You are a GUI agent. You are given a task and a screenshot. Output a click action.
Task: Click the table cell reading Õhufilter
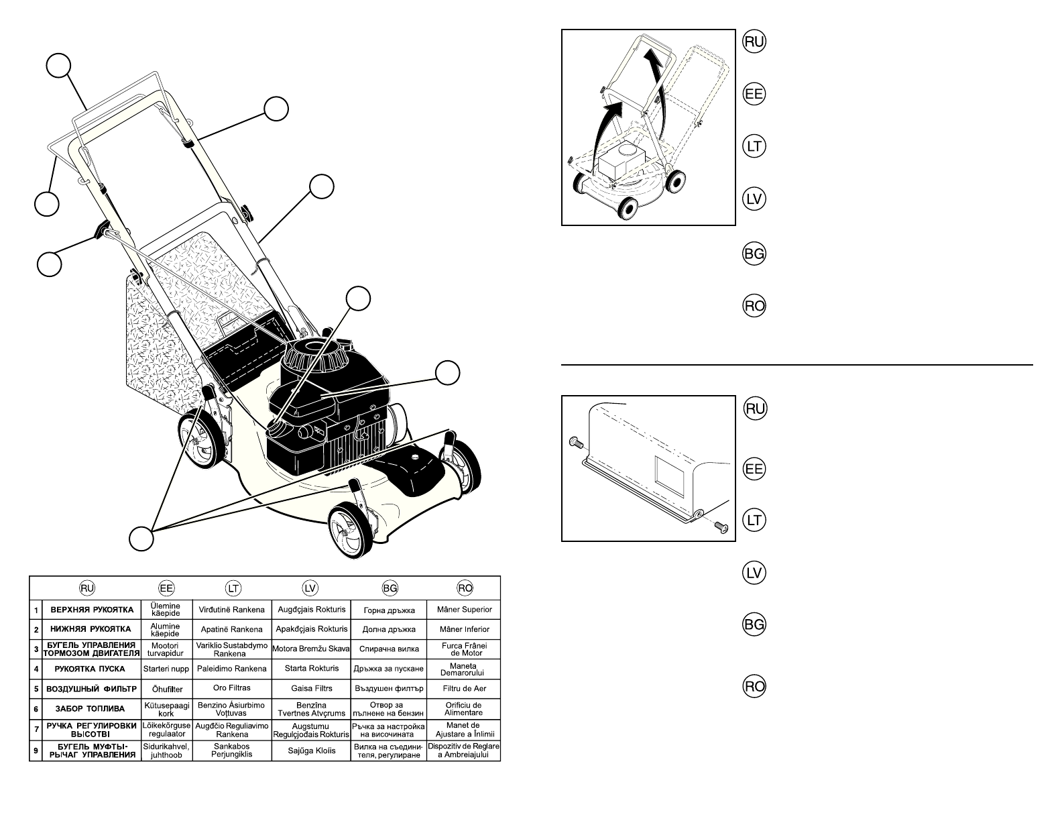click(166, 689)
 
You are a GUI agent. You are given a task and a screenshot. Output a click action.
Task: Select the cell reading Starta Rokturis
click(312, 669)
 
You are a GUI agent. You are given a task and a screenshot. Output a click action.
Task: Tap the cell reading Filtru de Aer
click(464, 689)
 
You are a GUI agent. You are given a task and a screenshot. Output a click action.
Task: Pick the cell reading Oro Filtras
click(232, 689)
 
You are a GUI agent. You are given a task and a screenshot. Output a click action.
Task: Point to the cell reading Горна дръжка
click(389, 610)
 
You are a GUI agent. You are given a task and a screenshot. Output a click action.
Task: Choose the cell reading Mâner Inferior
click(464, 630)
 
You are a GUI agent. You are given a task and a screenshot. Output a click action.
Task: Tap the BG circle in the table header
click(389, 588)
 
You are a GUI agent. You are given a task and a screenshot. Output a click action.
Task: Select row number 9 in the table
click(36, 751)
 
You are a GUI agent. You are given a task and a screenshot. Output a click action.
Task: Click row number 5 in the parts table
click(36, 689)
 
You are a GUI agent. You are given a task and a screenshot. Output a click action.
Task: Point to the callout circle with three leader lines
click(141, 539)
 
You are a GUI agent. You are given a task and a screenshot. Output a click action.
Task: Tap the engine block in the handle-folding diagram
click(622, 161)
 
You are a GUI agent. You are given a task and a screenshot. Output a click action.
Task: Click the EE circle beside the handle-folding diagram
click(754, 95)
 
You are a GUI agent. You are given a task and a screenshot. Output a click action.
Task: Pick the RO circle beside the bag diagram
click(754, 686)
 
